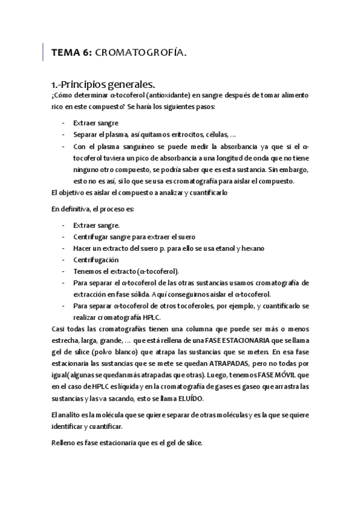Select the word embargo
tap(294, 170)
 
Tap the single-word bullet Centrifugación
tap(96, 260)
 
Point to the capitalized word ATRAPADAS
tap(232, 363)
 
